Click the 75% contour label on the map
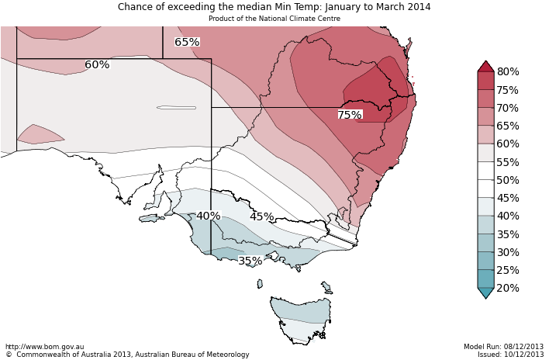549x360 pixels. click(x=349, y=115)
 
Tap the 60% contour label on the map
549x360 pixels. click(x=97, y=65)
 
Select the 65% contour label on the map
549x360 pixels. click(x=187, y=42)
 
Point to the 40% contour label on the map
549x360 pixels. click(x=208, y=216)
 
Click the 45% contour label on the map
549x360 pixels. click(x=261, y=217)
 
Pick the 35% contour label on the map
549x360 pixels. click(x=250, y=261)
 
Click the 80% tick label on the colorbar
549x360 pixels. click(x=508, y=72)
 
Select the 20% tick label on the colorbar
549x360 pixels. click(x=508, y=288)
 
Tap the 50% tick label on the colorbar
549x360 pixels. click(x=508, y=180)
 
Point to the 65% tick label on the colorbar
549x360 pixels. click(x=508, y=126)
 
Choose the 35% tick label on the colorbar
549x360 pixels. click(x=508, y=234)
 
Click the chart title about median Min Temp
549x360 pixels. click(x=274, y=7)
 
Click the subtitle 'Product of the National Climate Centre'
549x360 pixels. click(x=274, y=18)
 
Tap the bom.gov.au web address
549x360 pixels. click(x=44, y=347)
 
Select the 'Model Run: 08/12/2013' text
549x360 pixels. click(x=503, y=347)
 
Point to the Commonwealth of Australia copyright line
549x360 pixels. click(x=127, y=355)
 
